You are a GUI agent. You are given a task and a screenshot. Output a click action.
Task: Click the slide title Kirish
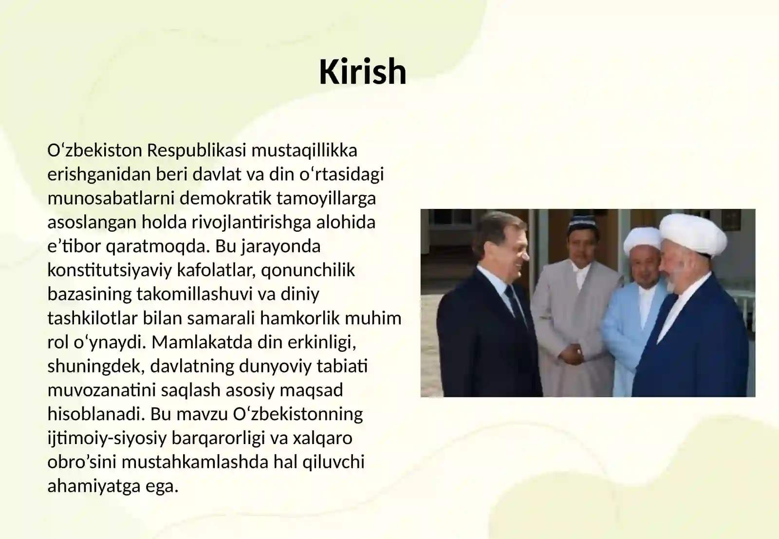tap(362, 72)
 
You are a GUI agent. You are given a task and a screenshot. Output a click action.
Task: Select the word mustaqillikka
tap(304, 150)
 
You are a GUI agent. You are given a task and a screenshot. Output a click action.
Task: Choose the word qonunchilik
tap(308, 270)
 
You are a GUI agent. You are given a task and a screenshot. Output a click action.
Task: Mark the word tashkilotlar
tap(93, 318)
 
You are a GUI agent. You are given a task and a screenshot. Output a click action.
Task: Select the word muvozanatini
tap(102, 390)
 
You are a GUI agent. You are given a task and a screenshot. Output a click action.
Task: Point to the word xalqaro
tap(322, 438)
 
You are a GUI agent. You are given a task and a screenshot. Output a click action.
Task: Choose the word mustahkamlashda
tap(195, 462)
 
